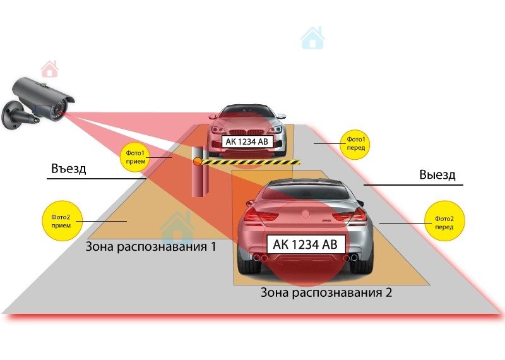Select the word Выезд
point(437,175)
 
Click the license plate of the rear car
point(247,141)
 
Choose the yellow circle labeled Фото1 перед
point(355,143)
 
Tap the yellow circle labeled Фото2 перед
point(444,222)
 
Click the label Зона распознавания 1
point(150,246)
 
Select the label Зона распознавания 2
point(327,293)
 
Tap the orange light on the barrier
point(197,162)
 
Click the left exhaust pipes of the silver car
point(258,258)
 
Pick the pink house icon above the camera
point(50,68)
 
